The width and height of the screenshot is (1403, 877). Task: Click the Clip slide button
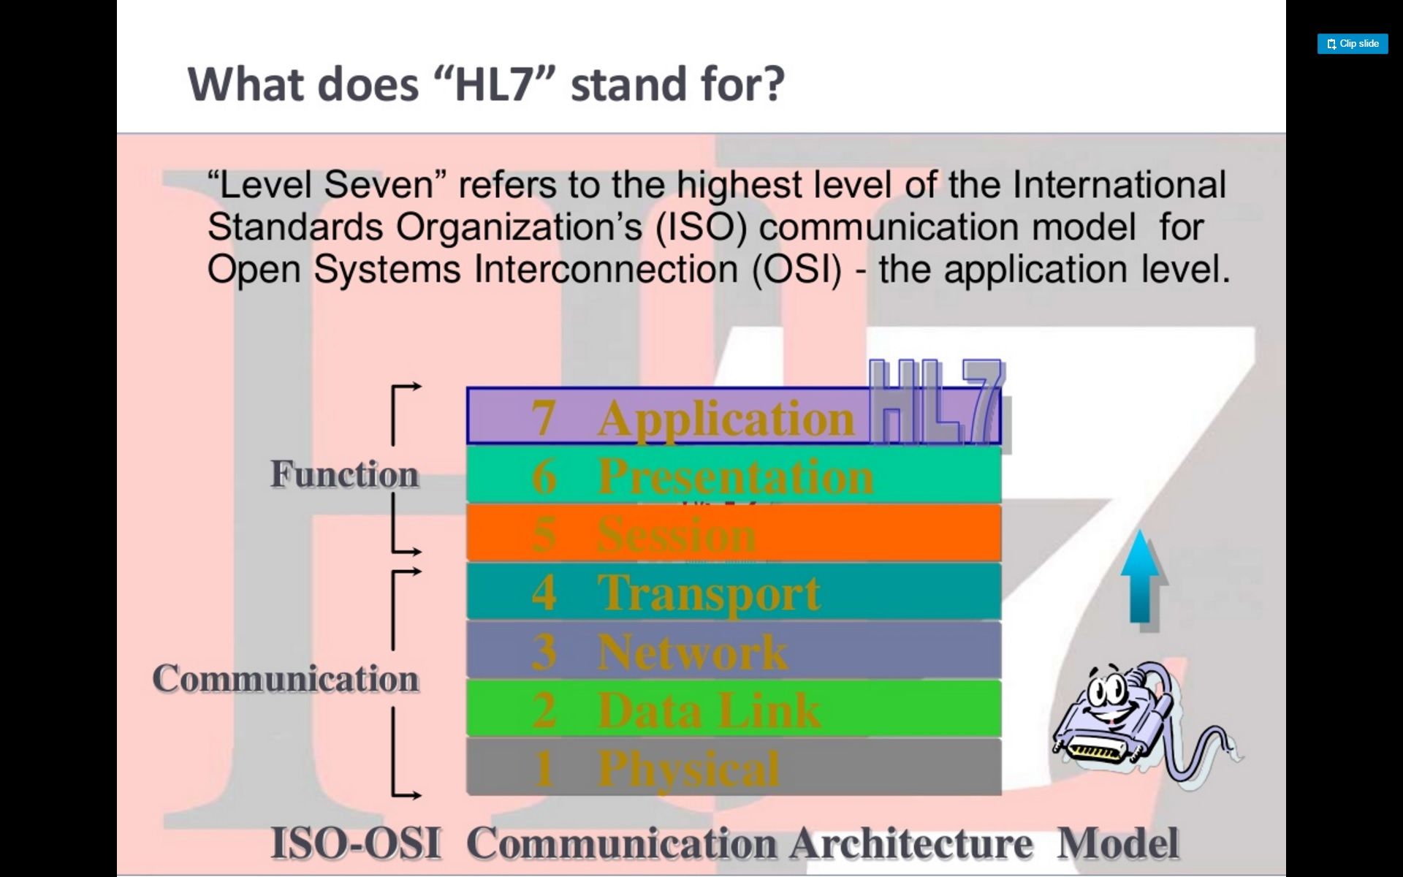pyautogui.click(x=1353, y=44)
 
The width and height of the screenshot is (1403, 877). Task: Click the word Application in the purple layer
pyautogui.click(x=726, y=419)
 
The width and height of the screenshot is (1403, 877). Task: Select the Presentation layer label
pyautogui.click(x=735, y=477)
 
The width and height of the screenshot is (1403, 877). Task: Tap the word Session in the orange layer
pyautogui.click(x=676, y=534)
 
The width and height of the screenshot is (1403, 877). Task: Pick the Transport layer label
pyautogui.click(x=709, y=593)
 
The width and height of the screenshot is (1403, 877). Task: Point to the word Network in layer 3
pyautogui.click(x=693, y=651)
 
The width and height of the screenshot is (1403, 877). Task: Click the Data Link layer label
pyautogui.click(x=710, y=710)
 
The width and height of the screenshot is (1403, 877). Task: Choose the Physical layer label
pyautogui.click(x=689, y=769)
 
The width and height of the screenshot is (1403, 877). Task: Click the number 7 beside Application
pyautogui.click(x=544, y=418)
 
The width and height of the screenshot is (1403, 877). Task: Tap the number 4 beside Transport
pyautogui.click(x=544, y=593)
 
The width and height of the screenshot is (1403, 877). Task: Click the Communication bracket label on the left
pyautogui.click(x=286, y=678)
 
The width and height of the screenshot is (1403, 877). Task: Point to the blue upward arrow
pyautogui.click(x=1140, y=577)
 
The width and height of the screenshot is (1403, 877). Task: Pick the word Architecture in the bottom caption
pyautogui.click(x=911, y=843)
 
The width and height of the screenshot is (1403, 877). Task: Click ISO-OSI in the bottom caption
pyautogui.click(x=356, y=843)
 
